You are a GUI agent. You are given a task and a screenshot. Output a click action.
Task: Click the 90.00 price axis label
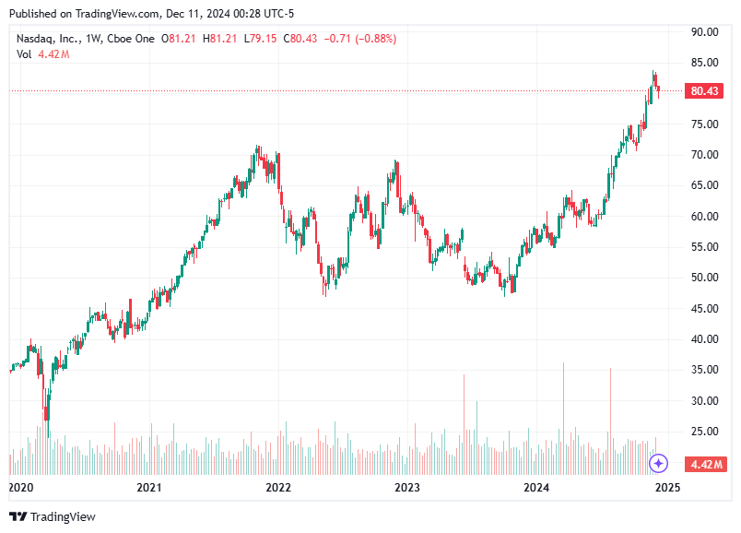[x=705, y=31]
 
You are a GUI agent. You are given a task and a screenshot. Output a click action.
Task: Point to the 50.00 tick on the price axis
[x=705, y=278]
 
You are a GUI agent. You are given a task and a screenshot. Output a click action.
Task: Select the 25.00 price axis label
[x=705, y=432]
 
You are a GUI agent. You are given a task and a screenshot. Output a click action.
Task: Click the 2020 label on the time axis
[x=20, y=488]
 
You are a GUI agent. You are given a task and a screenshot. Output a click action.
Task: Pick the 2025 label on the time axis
[x=667, y=488]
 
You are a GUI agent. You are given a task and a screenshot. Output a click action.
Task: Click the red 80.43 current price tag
[x=704, y=91]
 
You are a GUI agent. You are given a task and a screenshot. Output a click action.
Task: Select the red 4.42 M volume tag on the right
[x=704, y=464]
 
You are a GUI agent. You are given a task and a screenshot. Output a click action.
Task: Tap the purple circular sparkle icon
[x=658, y=463]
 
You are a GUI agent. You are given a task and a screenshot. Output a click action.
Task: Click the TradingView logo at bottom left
[x=53, y=516]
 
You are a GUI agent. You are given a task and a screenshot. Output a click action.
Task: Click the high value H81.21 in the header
[x=224, y=39]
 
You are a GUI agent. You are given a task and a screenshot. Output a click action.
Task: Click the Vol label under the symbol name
[x=24, y=54]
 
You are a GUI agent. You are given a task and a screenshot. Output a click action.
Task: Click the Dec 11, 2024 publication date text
[x=180, y=14]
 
